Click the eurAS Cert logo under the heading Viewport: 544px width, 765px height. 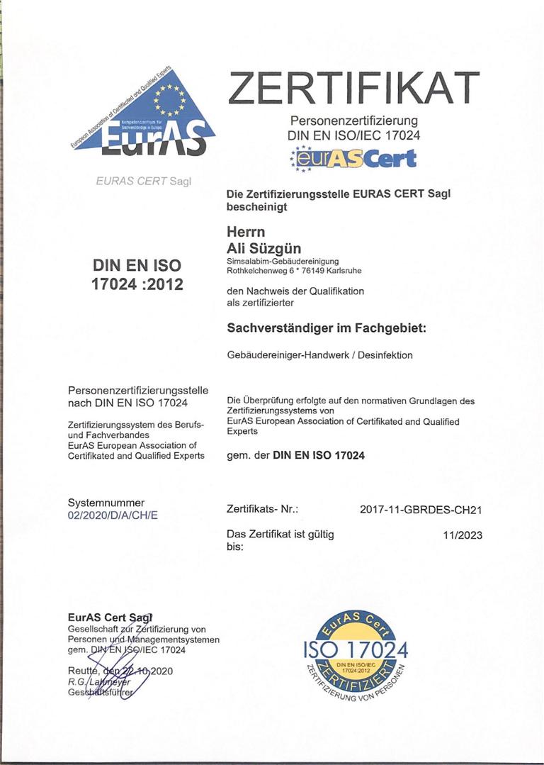353,157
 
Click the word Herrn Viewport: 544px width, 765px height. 244,232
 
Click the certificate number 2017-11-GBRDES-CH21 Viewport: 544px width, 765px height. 421,510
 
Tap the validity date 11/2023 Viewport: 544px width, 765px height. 463,535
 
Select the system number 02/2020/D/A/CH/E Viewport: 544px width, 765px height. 113,515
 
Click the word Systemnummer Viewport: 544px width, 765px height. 106,503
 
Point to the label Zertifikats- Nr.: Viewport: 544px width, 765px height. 262,510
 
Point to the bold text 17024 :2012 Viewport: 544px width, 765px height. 137,284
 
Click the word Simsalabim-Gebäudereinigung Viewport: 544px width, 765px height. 273,261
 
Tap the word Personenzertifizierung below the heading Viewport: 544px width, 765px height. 354,121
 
